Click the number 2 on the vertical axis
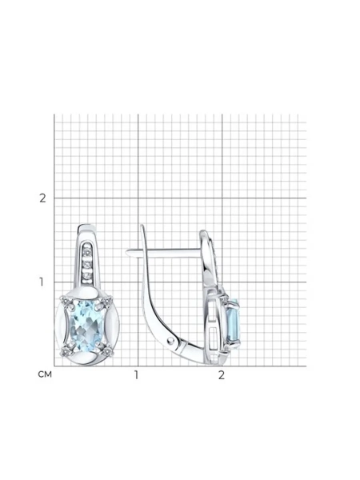click(42, 198)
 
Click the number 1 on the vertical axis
click(42, 282)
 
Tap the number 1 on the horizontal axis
click(136, 375)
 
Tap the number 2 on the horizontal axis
click(222, 375)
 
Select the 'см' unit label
click(45, 374)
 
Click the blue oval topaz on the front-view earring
click(84, 323)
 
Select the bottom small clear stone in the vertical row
click(86, 276)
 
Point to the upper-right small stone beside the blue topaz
click(106, 302)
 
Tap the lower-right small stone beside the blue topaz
click(106, 352)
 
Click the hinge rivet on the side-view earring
click(170, 340)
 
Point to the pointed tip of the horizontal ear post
click(126, 252)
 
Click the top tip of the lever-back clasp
click(142, 226)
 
